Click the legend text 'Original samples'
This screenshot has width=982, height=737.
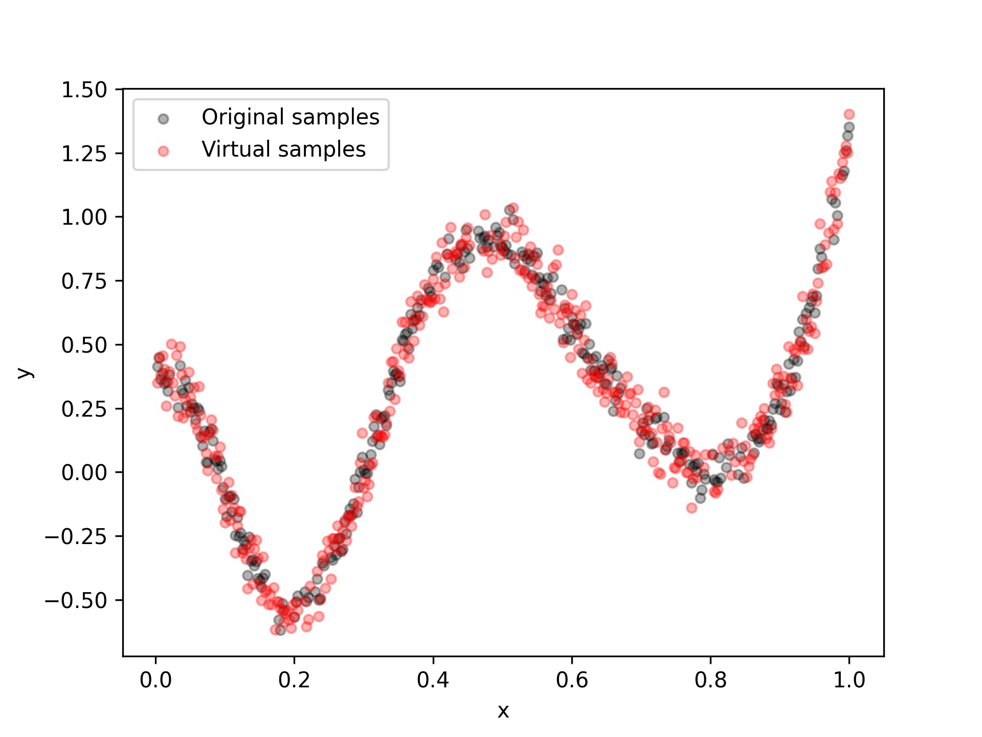click(290, 117)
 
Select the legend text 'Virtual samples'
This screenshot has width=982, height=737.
click(283, 149)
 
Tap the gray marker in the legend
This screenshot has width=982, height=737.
click(163, 119)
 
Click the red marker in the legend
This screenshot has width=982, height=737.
click(163, 151)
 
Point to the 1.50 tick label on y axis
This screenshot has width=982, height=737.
click(84, 90)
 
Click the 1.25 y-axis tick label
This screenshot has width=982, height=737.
click(84, 154)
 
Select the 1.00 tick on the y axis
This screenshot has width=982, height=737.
click(84, 218)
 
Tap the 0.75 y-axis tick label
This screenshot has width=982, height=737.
click(84, 281)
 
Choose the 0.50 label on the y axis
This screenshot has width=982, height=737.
click(84, 345)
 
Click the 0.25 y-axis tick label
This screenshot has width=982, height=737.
click(84, 409)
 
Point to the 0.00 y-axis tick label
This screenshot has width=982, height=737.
click(84, 472)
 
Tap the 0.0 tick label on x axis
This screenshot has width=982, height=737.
click(155, 680)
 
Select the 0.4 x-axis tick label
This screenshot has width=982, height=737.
click(433, 680)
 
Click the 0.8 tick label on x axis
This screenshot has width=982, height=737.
click(710, 680)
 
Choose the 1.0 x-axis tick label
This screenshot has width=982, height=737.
click(849, 680)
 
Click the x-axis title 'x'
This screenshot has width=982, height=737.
click(503, 711)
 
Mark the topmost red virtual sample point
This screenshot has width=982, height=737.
click(849, 114)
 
